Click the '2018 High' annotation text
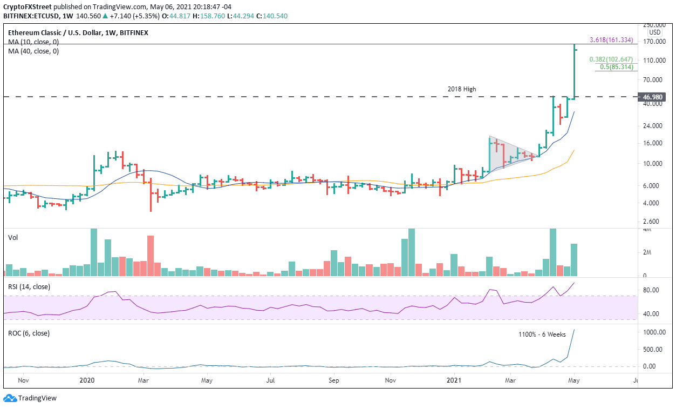462,89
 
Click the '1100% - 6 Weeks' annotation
541,335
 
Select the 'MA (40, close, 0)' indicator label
33,51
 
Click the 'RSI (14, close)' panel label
29,286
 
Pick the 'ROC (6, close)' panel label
29,333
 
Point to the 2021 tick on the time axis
454,380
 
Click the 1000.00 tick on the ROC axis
654,332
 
